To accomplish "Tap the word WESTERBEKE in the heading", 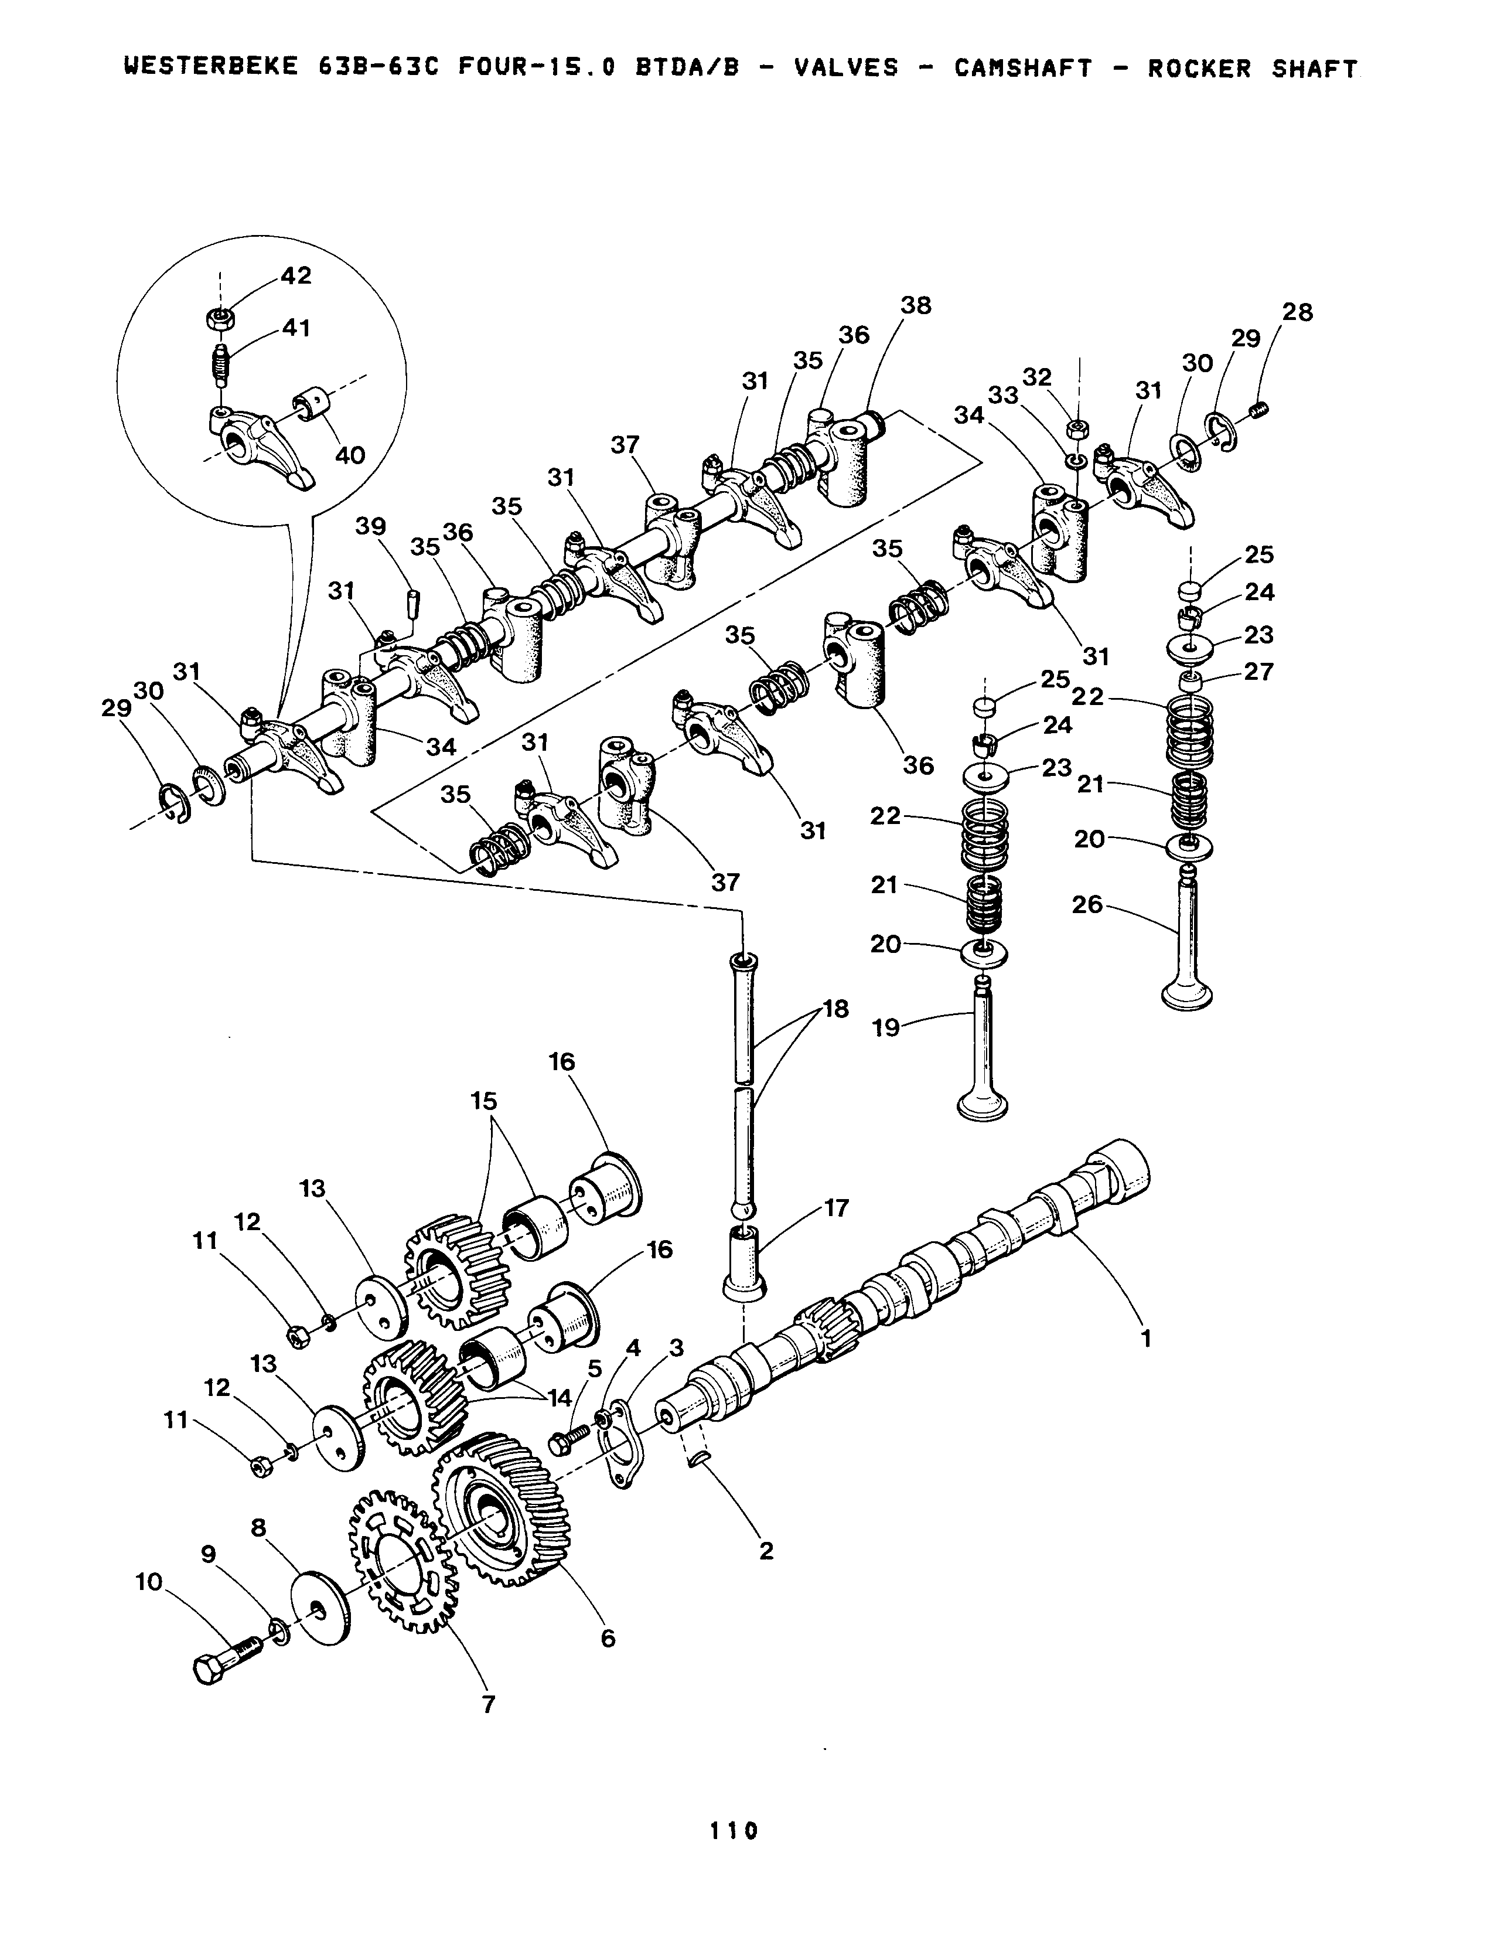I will point(212,69).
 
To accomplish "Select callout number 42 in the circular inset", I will point(296,275).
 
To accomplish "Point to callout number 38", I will point(916,305).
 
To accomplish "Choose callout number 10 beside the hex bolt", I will point(149,1582).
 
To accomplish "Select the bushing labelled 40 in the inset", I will point(312,404).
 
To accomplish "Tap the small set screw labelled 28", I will point(1262,409).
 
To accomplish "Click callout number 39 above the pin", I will point(371,526).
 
